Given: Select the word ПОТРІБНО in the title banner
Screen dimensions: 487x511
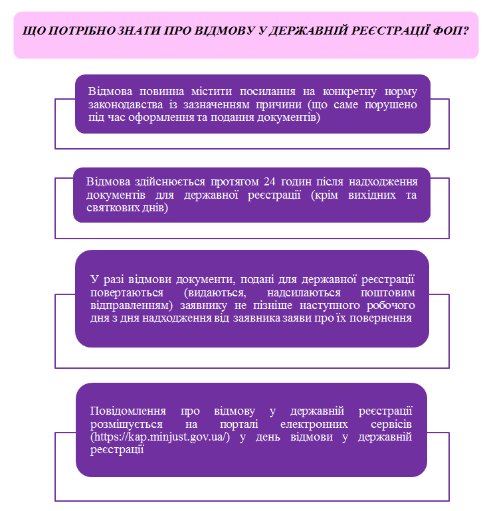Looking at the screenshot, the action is [83, 31].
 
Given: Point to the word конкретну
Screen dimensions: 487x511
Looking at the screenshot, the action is [349, 92].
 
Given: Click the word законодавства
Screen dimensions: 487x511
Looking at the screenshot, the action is [126, 104].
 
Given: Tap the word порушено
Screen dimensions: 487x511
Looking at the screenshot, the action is [391, 105].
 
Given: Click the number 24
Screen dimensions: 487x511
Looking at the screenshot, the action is [269, 181].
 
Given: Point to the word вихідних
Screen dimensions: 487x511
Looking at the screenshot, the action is [372, 195].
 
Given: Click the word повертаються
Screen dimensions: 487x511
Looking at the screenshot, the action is [127, 292].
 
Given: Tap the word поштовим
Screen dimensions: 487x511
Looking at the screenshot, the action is [387, 292].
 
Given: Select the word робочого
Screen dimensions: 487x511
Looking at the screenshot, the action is [391, 306].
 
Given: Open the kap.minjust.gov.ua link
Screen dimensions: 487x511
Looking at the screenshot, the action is [160, 437].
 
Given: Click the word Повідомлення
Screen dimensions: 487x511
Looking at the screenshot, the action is [128, 411].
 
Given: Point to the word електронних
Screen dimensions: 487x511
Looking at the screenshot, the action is [314, 425].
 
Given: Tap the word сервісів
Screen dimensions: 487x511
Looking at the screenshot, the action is [391, 425].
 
